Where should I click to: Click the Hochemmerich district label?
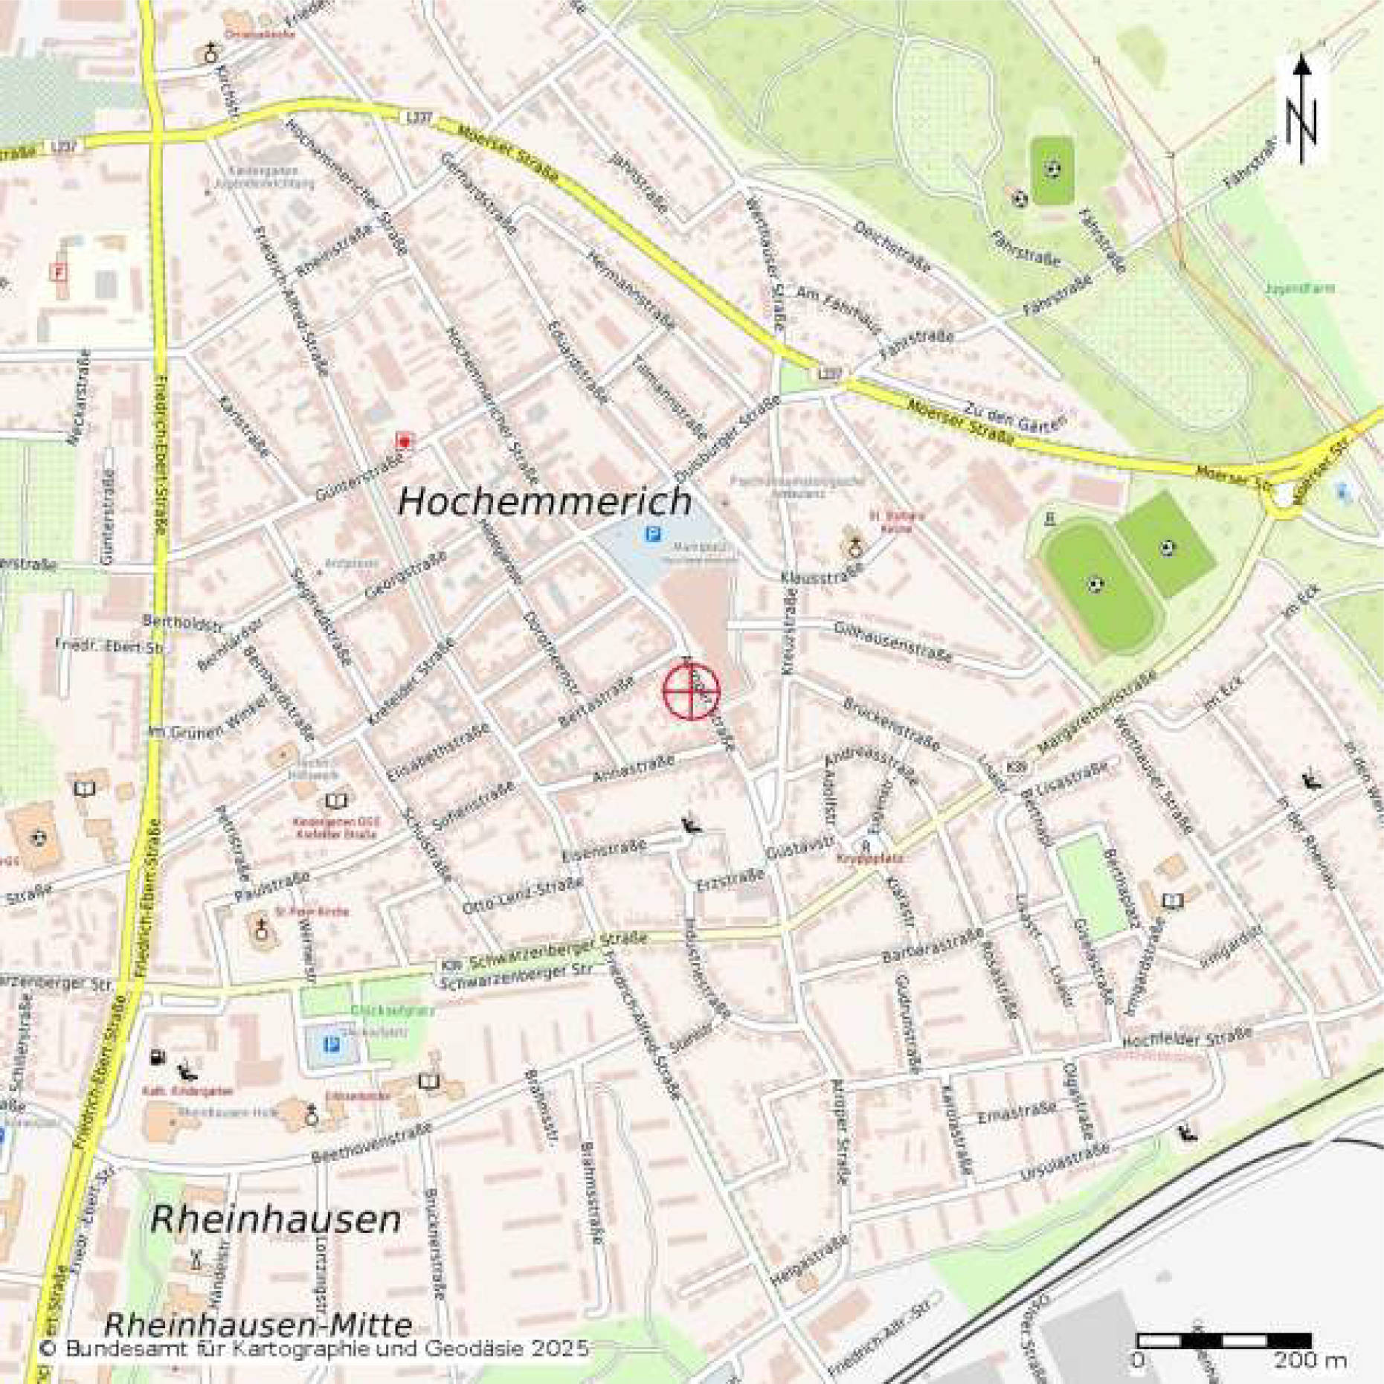point(545,501)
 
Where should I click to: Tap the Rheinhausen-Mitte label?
point(258,1324)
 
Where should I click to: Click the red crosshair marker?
point(691,692)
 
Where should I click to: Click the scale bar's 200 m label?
point(1310,1360)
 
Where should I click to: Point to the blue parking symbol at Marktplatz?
point(653,533)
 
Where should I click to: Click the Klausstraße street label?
point(822,573)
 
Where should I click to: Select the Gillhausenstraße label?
point(892,642)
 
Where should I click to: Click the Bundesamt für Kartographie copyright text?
point(314,1348)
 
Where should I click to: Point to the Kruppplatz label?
point(859,857)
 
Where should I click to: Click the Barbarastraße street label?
point(933,946)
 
